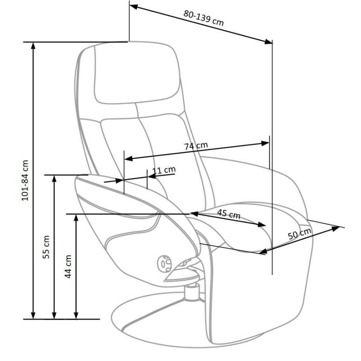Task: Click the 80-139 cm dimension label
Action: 204,19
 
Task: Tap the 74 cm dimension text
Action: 196,146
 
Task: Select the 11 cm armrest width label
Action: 163,170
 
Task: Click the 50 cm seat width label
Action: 299,235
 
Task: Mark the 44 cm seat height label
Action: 68,266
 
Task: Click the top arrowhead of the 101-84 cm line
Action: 33,46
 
